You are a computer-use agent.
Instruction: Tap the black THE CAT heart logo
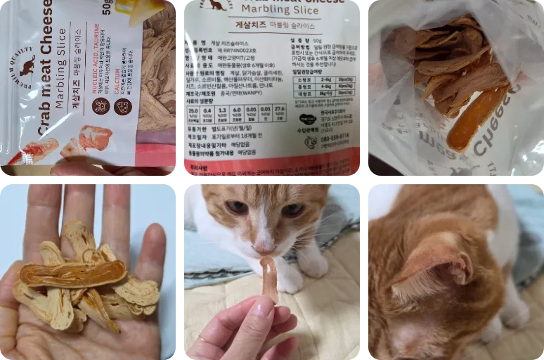tap(308, 120)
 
